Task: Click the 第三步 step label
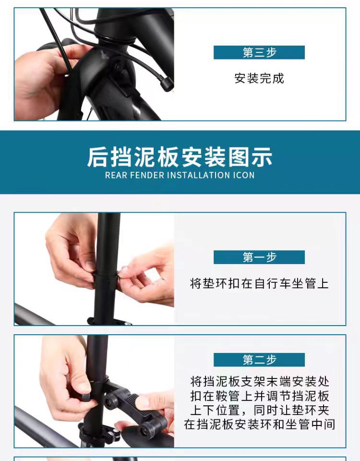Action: [x=259, y=52]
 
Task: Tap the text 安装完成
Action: [x=259, y=78]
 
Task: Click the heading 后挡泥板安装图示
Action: [x=180, y=157]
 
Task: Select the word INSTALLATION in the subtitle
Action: [x=199, y=175]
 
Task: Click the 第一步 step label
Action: [x=259, y=257]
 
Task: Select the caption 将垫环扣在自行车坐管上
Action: [x=259, y=284]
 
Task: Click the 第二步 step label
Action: [x=259, y=360]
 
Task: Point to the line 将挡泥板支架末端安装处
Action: [x=260, y=382]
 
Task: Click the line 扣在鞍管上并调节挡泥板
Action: [x=260, y=396]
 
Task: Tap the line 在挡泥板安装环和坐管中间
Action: [x=260, y=425]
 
